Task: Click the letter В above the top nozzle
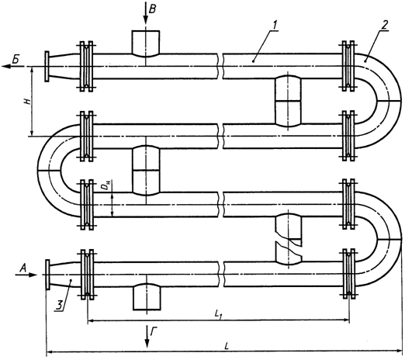pyautogui.click(x=153, y=9)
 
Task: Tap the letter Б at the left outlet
pyautogui.click(x=16, y=60)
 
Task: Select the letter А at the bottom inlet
pyautogui.click(x=23, y=269)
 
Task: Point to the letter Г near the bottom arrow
pyautogui.click(x=154, y=332)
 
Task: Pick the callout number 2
pyautogui.click(x=385, y=25)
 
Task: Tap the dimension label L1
pyautogui.click(x=218, y=314)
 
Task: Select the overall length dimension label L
pyautogui.click(x=227, y=347)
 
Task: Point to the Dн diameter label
pyautogui.click(x=106, y=185)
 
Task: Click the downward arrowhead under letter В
pyautogui.click(x=146, y=20)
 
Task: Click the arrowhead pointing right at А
pyautogui.click(x=33, y=275)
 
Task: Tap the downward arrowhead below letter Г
pyautogui.click(x=147, y=343)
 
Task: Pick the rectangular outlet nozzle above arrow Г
pyautogui.click(x=147, y=296)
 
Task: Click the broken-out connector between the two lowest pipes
pyautogui.click(x=289, y=239)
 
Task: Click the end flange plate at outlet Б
pyautogui.click(x=47, y=67)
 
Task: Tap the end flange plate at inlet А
pyautogui.click(x=47, y=274)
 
